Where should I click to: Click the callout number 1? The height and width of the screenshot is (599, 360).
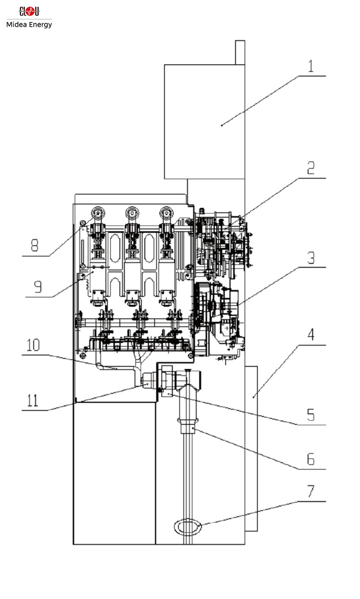coord(310,66)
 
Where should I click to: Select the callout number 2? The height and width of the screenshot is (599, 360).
coord(310,168)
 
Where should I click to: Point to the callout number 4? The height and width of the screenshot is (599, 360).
coord(310,335)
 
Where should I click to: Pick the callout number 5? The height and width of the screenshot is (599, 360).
coord(310,415)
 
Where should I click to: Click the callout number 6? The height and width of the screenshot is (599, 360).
coord(310,459)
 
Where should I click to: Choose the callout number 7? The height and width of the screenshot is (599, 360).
coord(310,492)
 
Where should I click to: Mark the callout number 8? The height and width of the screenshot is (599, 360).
coord(35,246)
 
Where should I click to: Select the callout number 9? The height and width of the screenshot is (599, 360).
coord(38,286)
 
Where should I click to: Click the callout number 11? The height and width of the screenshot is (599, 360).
coord(33,399)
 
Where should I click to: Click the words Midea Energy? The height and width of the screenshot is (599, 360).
coord(29,25)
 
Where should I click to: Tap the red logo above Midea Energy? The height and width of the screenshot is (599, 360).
coord(29,11)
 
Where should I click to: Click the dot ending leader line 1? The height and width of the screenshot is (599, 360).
coord(222,125)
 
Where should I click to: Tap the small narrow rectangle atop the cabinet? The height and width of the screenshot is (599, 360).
coord(240,52)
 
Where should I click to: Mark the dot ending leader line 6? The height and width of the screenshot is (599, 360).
coord(193,429)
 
